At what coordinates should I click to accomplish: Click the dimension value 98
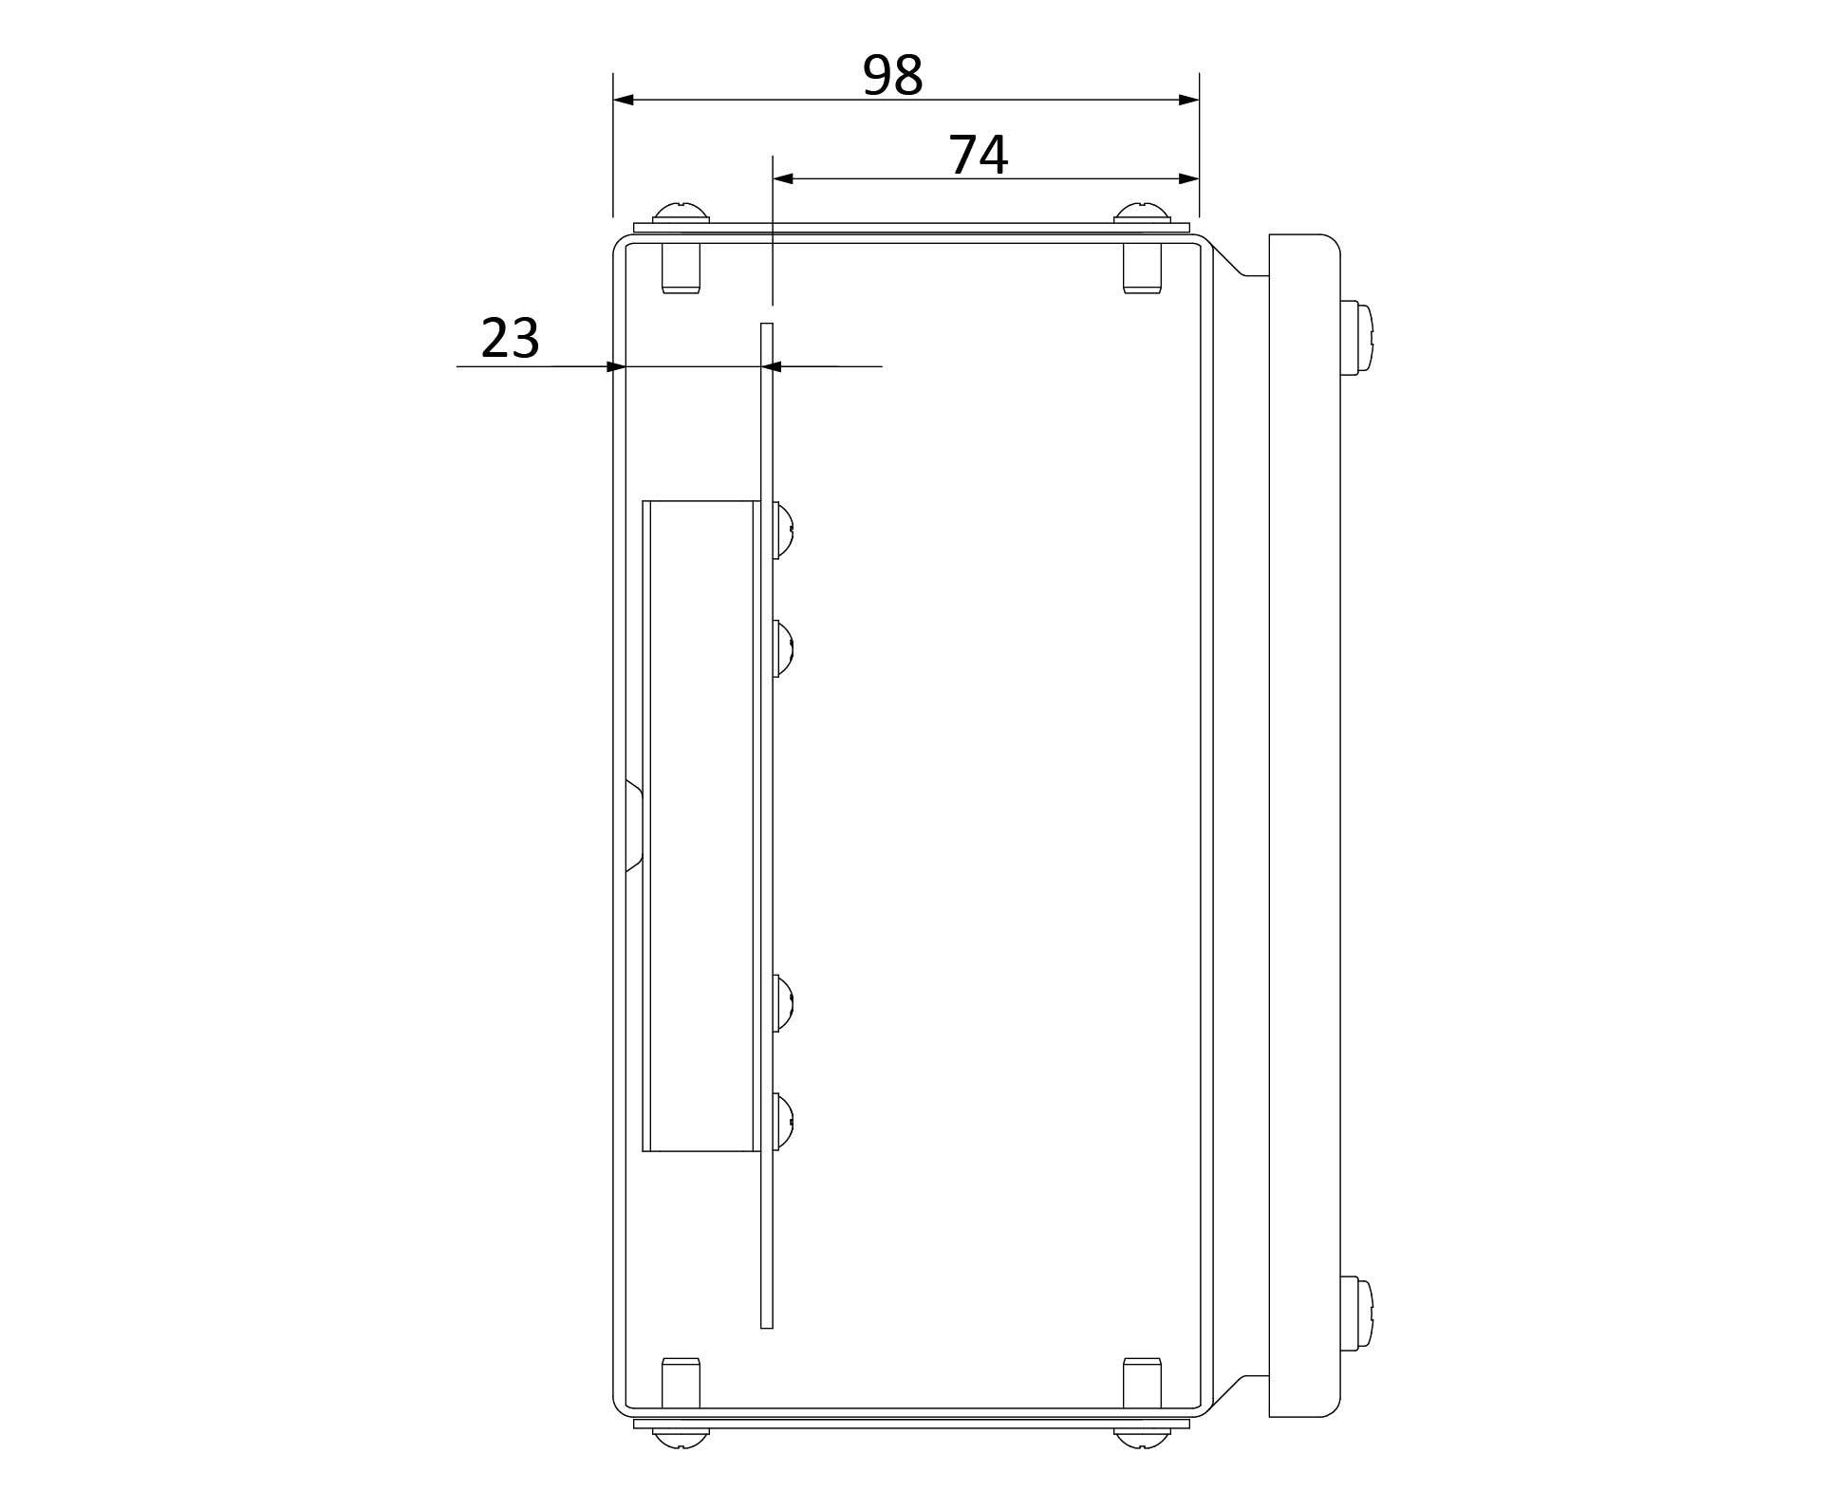click(892, 76)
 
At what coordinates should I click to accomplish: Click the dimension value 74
click(979, 156)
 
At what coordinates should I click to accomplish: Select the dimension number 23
click(511, 338)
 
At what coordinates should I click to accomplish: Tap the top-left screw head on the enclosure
click(682, 213)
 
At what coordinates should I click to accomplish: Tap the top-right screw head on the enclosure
click(1142, 213)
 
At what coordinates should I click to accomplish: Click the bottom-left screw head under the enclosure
click(682, 1439)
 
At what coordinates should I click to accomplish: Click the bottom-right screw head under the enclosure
click(1142, 1439)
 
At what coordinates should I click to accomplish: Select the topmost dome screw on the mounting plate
click(783, 530)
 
